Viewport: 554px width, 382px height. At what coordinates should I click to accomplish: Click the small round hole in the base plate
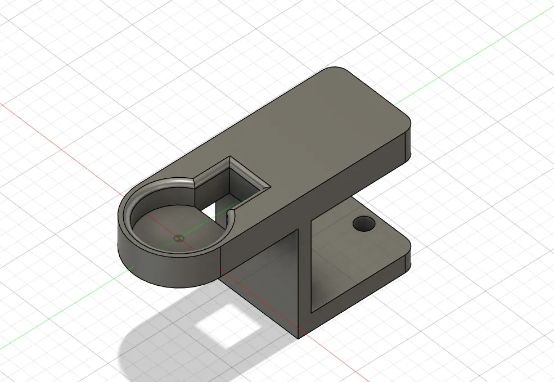click(364, 224)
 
